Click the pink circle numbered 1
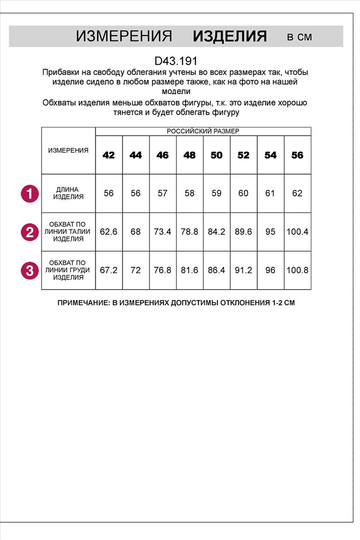coord(30,193)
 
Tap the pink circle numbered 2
coord(30,232)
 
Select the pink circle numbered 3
coord(30,269)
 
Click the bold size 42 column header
coord(108,155)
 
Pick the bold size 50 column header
coord(216,155)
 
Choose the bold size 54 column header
coord(270,155)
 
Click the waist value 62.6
coord(108,232)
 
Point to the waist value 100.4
coord(297,232)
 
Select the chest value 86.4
coord(216,269)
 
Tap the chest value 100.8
coord(297,269)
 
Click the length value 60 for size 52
coord(243,193)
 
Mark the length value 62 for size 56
coord(297,193)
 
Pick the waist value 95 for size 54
coord(270,232)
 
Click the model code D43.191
coord(176,62)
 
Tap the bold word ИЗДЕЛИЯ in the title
coord(230,36)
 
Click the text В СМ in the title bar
coord(299,37)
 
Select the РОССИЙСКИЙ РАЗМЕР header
coord(203,131)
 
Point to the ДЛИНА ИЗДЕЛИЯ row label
coord(68,193)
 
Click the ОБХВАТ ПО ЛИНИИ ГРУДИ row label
coord(68,269)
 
